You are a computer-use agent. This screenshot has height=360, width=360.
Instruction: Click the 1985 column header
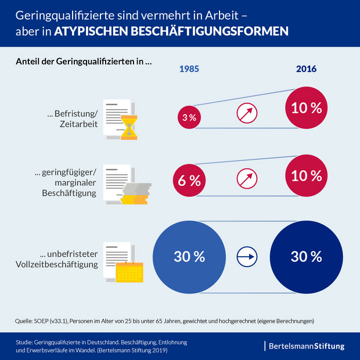click(x=189, y=69)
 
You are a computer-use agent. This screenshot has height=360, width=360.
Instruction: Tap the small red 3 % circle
click(x=189, y=118)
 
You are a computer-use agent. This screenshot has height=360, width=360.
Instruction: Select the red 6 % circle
click(x=189, y=180)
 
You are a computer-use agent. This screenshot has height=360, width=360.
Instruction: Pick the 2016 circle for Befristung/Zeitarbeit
click(x=306, y=108)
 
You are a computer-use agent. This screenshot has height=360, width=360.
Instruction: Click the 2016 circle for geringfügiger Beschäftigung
click(x=306, y=175)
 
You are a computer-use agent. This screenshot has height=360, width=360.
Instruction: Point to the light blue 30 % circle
click(x=189, y=255)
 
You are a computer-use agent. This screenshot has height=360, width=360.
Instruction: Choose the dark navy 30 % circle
click(x=306, y=255)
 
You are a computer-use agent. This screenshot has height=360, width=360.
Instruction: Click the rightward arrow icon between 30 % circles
click(x=247, y=255)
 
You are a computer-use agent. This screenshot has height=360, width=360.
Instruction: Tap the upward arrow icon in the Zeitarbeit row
click(x=247, y=112)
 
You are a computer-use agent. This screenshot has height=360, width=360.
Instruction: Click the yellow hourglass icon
click(x=128, y=128)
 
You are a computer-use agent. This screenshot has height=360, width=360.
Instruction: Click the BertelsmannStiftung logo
click(x=307, y=346)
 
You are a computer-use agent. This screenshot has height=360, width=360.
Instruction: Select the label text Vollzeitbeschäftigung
click(x=57, y=265)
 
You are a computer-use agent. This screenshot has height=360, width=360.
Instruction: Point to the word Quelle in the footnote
click(x=23, y=321)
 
